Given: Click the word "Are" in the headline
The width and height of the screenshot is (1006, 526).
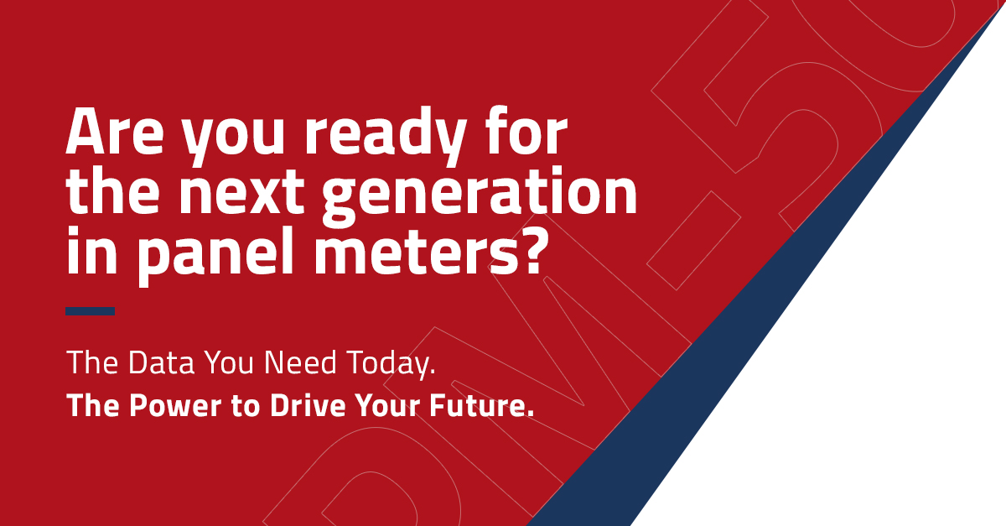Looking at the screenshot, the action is pos(115,131).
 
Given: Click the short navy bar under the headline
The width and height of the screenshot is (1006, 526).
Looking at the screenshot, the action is pos(90,311).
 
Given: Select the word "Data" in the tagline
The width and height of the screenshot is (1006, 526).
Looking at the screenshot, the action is pos(161,362).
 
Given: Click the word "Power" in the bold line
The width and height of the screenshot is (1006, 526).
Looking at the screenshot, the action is pos(175,405).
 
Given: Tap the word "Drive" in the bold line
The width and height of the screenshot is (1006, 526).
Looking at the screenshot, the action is pos(309,405).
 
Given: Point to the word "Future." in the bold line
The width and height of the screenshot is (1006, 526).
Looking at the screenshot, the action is pos(481,405).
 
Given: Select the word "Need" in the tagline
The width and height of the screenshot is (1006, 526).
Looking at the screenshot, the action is pos(300,362).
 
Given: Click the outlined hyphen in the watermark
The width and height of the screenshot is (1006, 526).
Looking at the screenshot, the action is pos(693,241).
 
